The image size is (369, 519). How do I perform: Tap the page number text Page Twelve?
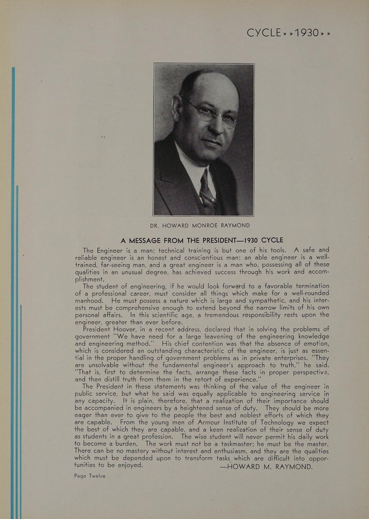90,476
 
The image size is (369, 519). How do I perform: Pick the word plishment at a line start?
89,279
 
